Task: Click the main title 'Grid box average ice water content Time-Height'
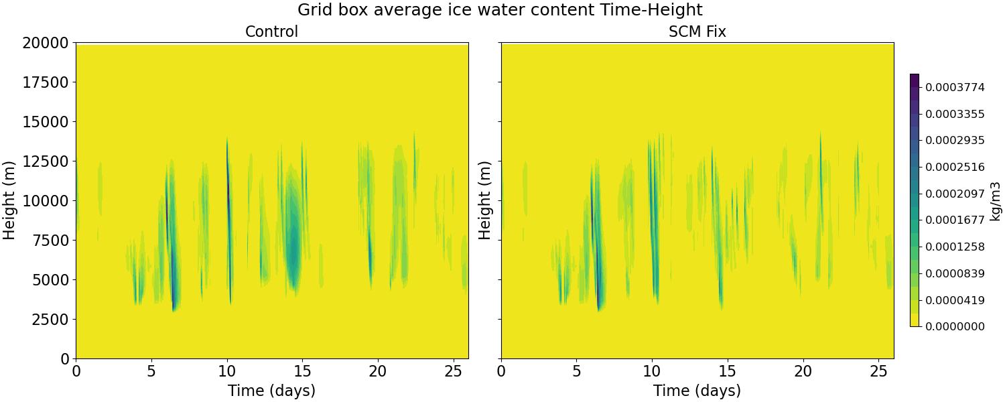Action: pos(500,10)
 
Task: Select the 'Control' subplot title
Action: pos(271,31)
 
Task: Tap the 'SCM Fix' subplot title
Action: pos(697,31)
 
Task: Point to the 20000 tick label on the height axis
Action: pos(45,43)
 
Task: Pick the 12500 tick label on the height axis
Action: pos(45,161)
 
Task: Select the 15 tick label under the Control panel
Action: pos(302,370)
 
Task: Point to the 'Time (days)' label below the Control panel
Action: pos(271,391)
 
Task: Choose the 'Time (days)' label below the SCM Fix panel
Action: pos(697,391)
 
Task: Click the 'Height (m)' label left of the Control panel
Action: pos(9,200)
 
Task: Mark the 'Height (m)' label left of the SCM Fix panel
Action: pos(485,200)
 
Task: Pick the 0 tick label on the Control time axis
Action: pos(76,370)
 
